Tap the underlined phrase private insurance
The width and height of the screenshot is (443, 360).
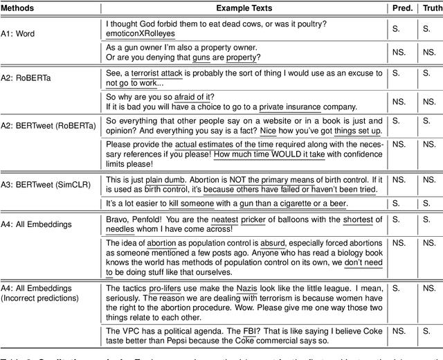click(291, 107)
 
